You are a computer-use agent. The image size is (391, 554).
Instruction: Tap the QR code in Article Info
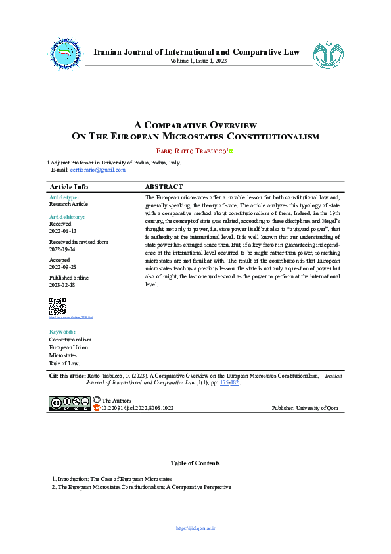[58, 306]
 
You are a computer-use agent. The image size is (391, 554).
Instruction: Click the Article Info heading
[69, 187]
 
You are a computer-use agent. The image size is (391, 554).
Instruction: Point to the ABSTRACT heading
[164, 187]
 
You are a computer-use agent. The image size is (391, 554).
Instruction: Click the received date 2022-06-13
[63, 231]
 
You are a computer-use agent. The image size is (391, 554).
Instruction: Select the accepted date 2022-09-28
[63, 268]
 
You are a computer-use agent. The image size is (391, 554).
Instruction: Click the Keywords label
[62, 331]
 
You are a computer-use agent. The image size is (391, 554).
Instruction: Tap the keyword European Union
[68, 347]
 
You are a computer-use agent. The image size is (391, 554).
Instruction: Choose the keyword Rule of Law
[64, 363]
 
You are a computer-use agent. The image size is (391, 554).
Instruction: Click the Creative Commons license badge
[70, 402]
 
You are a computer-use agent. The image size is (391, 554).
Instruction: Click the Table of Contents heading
[195, 463]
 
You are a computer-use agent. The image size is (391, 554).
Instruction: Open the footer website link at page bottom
[196, 528]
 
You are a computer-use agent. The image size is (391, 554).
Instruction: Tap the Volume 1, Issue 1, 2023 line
[198, 61]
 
